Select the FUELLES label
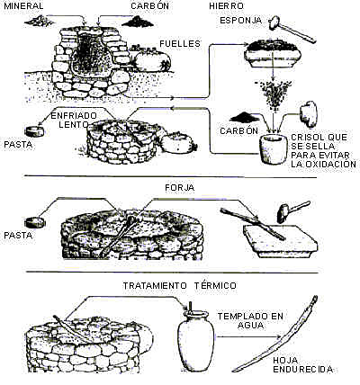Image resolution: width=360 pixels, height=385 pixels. click(x=179, y=42)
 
